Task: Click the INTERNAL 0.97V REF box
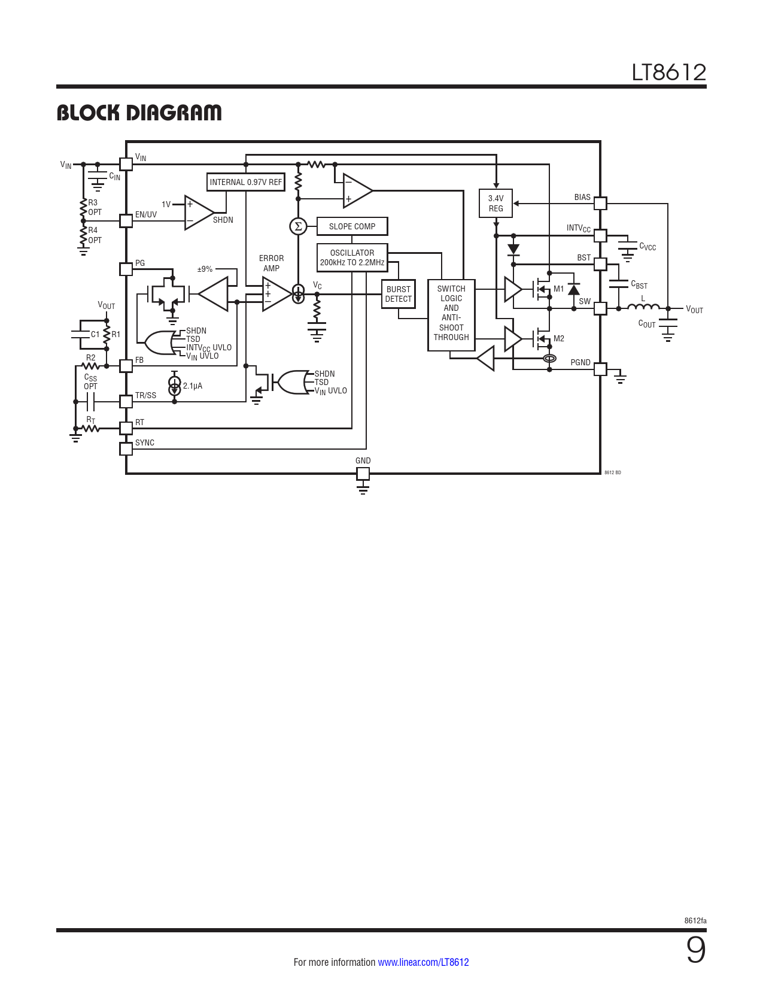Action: click(246, 182)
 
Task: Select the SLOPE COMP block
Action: click(352, 226)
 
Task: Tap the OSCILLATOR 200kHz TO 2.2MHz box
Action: click(352, 258)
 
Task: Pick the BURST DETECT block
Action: click(399, 294)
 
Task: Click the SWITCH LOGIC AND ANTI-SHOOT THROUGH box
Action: click(451, 315)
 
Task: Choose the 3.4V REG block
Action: click(496, 203)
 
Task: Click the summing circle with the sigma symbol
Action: click(298, 226)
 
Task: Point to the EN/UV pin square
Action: click(126, 221)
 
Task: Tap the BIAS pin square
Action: click(600, 203)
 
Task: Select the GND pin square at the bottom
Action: click(363, 474)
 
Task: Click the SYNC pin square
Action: click(126, 449)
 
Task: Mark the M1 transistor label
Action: click(558, 289)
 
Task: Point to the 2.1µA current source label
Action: click(193, 386)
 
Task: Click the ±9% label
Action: click(205, 269)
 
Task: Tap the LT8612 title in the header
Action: click(669, 72)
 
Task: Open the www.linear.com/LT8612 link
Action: click(423, 962)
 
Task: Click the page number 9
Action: click(696, 950)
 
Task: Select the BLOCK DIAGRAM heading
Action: click(139, 113)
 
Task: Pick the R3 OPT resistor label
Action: click(95, 207)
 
